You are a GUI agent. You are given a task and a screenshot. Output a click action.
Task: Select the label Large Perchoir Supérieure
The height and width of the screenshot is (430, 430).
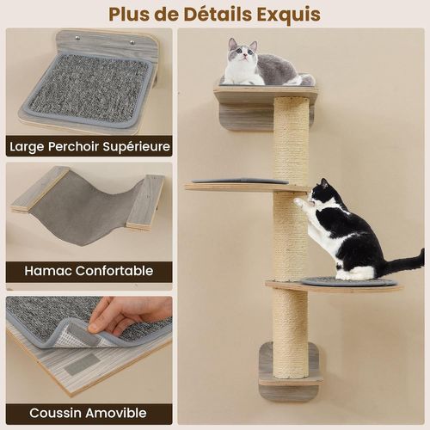pyautogui.click(x=89, y=145)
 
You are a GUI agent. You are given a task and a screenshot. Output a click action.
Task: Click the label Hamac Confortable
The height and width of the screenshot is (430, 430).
pyautogui.click(x=89, y=271)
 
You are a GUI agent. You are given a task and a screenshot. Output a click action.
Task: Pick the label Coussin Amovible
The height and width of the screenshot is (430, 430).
pyautogui.click(x=89, y=412)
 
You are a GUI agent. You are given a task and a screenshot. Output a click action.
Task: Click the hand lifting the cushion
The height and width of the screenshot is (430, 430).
pyautogui.click(x=120, y=314)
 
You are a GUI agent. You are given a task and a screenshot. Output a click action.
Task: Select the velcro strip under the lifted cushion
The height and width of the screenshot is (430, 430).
pyautogui.click(x=82, y=363)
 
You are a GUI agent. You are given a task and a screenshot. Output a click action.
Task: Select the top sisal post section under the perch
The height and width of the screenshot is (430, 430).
pyautogui.click(x=291, y=138)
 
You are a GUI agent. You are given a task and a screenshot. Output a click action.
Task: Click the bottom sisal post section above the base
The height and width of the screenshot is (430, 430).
pyautogui.click(x=291, y=331)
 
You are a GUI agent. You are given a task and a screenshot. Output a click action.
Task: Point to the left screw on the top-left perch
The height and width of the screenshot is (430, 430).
pyautogui.click(x=75, y=38)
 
